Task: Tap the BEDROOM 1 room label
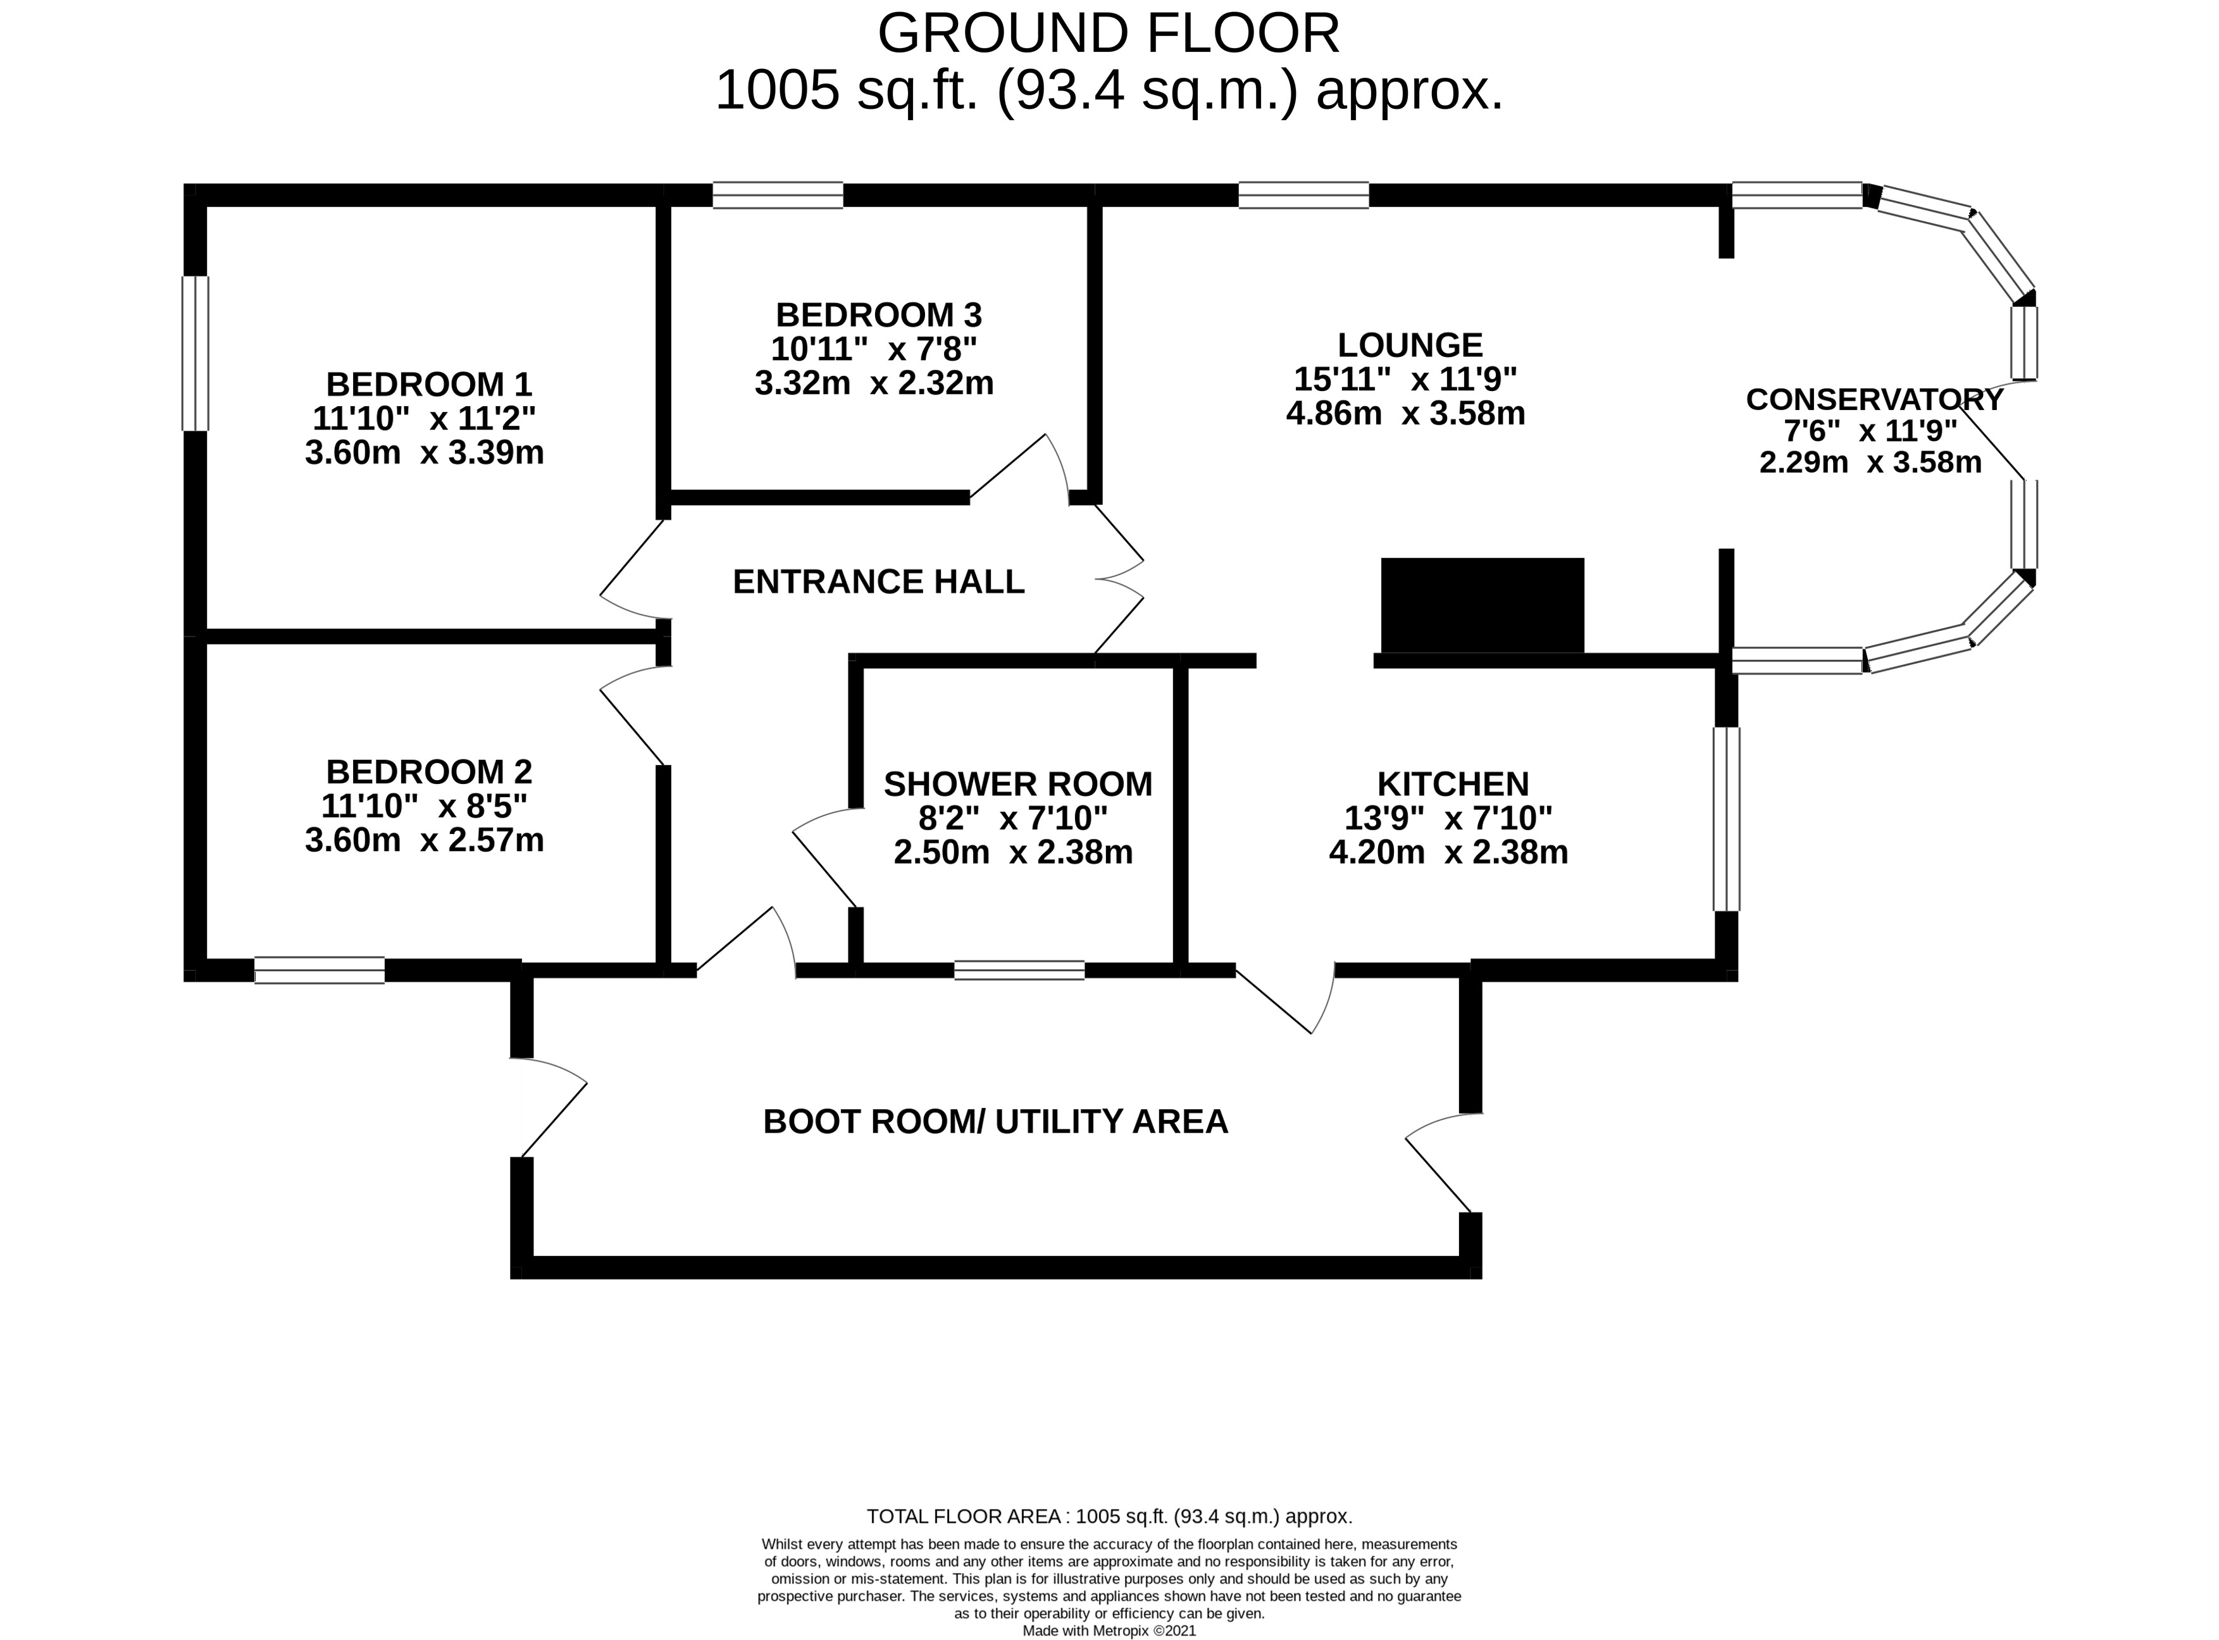429,384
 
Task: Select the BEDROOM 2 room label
429,771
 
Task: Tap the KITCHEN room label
1453,785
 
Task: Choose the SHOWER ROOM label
1017,785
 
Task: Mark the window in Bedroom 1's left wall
196,354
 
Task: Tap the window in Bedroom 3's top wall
778,195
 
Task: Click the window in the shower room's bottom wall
1019,970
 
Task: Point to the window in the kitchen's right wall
1727,819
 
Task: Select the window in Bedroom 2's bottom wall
319,970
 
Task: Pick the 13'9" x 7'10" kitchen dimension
1448,818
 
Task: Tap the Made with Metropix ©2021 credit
1109,1630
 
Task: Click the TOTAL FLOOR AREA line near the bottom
1109,1516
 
